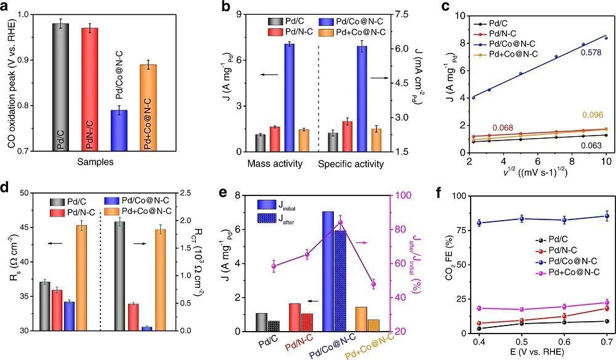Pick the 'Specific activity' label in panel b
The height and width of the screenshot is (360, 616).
coord(351,165)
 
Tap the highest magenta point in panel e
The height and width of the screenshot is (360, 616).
coord(374,222)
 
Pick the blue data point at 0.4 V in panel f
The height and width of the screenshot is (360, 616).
coord(479,223)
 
